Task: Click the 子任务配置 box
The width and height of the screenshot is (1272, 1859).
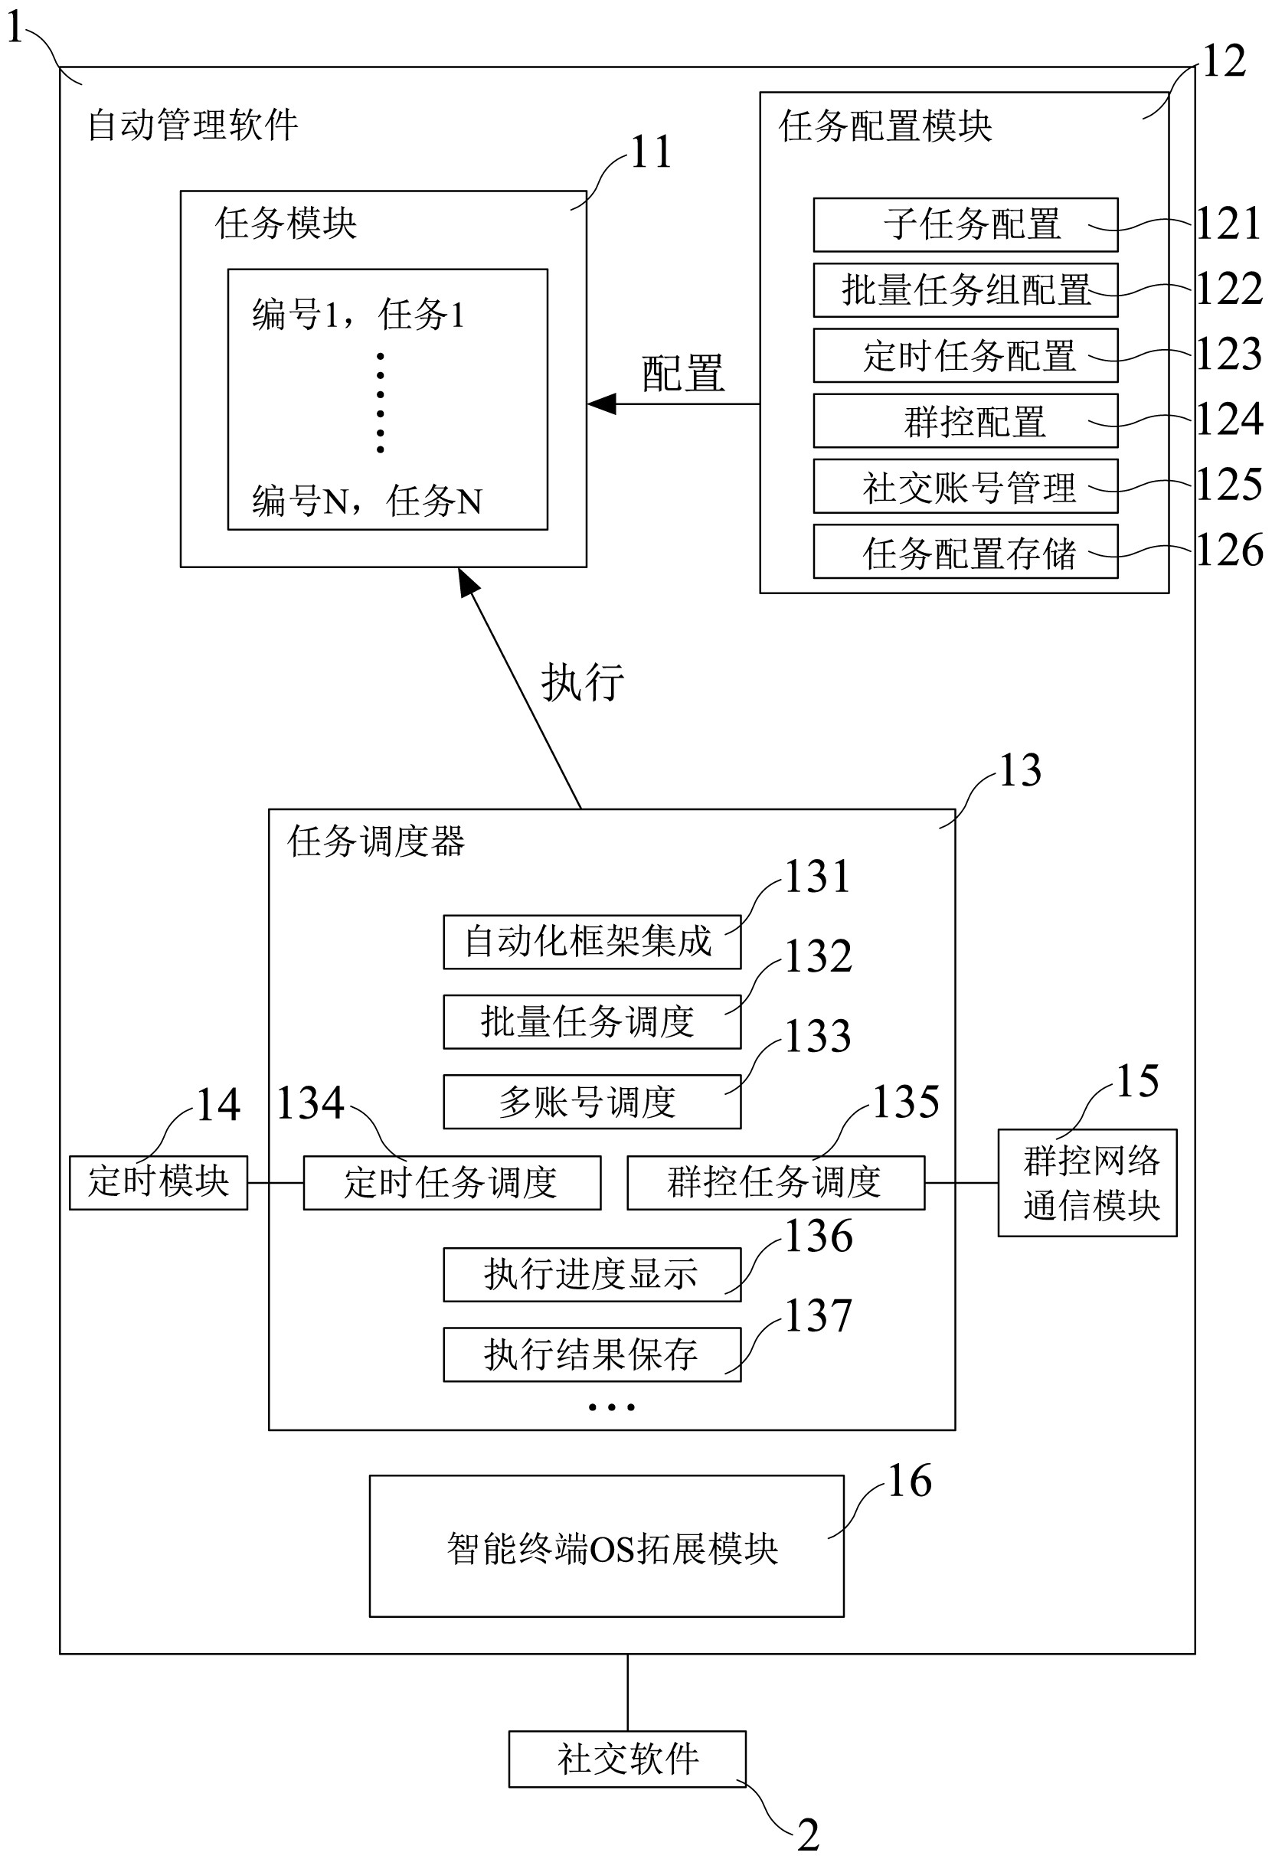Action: pyautogui.click(x=965, y=225)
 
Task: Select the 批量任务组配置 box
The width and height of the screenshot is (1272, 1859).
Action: pyautogui.click(x=965, y=290)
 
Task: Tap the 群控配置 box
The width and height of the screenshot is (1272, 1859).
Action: pyautogui.click(x=965, y=421)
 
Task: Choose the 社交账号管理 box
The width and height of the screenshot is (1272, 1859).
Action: pyautogui.click(x=965, y=486)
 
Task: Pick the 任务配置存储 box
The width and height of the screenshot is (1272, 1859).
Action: pyautogui.click(x=965, y=552)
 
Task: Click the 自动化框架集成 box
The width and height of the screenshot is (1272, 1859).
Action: pyautogui.click(x=591, y=942)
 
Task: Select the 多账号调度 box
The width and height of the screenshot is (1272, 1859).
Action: pyautogui.click(x=591, y=1102)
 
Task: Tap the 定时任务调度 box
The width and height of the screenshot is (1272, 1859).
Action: pyautogui.click(x=451, y=1182)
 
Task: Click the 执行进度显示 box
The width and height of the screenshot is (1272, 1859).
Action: pyautogui.click(x=591, y=1274)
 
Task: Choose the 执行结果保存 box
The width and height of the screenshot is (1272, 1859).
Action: pyautogui.click(x=591, y=1354)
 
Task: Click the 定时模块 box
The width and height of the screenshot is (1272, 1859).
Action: pyautogui.click(x=159, y=1182)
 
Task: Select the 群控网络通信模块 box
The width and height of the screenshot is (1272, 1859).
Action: pyautogui.click(x=1087, y=1183)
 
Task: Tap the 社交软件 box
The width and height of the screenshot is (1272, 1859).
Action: pyautogui.click(x=627, y=1759)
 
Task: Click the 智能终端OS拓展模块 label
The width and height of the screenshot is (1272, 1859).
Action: pyautogui.click(x=612, y=1549)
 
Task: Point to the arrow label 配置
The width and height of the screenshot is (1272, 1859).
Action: pyautogui.click(x=682, y=374)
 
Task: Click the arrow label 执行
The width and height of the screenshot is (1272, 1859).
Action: pyautogui.click(x=583, y=682)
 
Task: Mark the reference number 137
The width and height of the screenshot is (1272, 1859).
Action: pyautogui.click(x=818, y=1317)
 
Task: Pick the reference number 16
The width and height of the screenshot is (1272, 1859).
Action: pyautogui.click(x=910, y=1482)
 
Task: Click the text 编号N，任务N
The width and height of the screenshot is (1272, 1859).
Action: pyautogui.click(x=367, y=502)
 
